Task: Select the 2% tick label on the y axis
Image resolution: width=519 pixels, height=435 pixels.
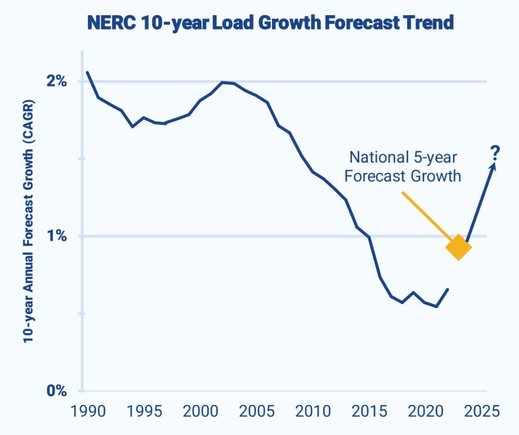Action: pyautogui.click(x=57, y=82)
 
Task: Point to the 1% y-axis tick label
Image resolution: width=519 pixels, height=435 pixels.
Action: pyautogui.click(x=57, y=236)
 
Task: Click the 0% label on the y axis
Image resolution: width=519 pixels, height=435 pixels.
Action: pyautogui.click(x=57, y=391)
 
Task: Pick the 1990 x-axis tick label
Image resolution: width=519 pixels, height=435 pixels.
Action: pyautogui.click(x=87, y=410)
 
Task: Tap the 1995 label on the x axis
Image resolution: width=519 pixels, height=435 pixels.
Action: pyautogui.click(x=144, y=410)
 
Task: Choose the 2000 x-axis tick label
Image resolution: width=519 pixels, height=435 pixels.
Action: pyautogui.click(x=201, y=410)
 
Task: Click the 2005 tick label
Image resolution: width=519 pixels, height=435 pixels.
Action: pyautogui.click(x=257, y=410)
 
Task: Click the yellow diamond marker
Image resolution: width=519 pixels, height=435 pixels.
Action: pyautogui.click(x=459, y=247)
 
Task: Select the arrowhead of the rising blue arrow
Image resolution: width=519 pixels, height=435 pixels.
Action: pyautogui.click(x=493, y=166)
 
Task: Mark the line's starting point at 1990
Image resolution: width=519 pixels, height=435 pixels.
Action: pyautogui.click(x=87, y=72)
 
